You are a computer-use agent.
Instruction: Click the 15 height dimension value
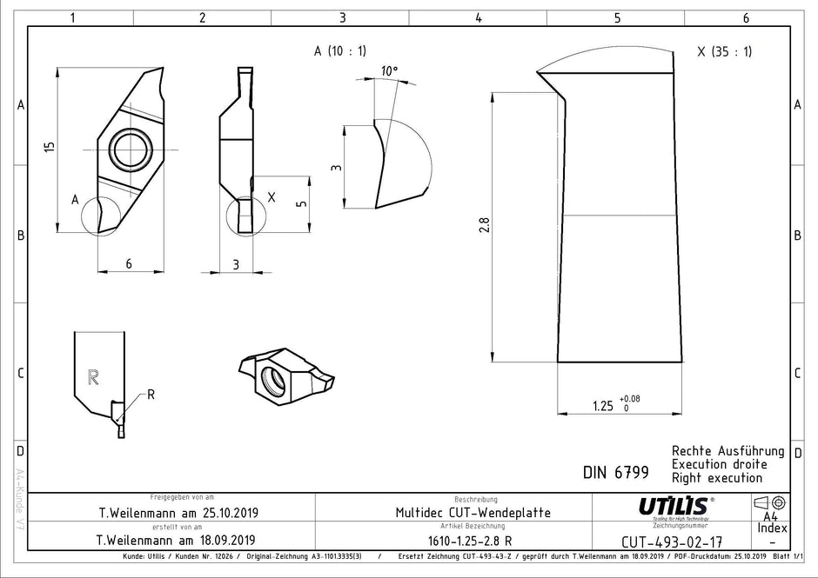pyautogui.click(x=50, y=149)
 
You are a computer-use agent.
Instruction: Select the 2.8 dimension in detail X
pyautogui.click(x=485, y=224)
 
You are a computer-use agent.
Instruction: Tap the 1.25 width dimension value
pyautogui.click(x=601, y=405)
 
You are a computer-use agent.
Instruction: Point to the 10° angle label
pyautogui.click(x=389, y=71)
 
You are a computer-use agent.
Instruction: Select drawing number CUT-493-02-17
pyautogui.click(x=672, y=541)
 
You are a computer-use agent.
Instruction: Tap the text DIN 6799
pyautogui.click(x=615, y=473)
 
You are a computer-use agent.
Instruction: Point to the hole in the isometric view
pyautogui.click(x=273, y=378)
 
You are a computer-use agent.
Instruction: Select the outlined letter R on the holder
pyautogui.click(x=94, y=376)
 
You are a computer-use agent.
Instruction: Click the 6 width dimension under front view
pyautogui.click(x=128, y=264)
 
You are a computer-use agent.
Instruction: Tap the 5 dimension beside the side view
pyautogui.click(x=301, y=203)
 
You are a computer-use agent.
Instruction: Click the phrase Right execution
pyautogui.click(x=716, y=477)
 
